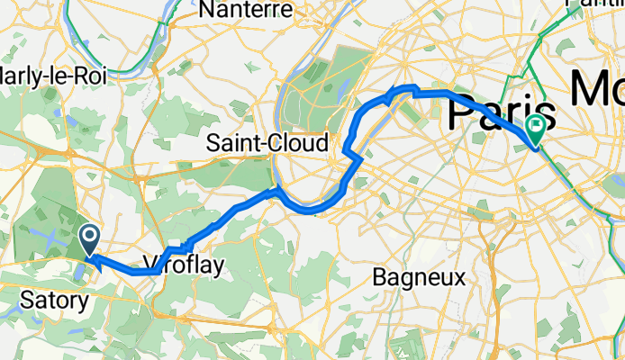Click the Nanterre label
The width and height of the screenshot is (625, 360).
pyautogui.click(x=247, y=10)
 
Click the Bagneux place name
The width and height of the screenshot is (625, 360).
pyautogui.click(x=419, y=276)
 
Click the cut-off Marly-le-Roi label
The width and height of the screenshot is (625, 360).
pyautogui.click(x=53, y=76)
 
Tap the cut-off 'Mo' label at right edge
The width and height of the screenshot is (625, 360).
pyautogui.click(x=597, y=91)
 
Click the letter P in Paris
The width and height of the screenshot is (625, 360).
pyautogui.click(x=461, y=113)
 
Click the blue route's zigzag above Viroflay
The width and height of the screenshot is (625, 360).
pyautogui.click(x=180, y=246)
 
